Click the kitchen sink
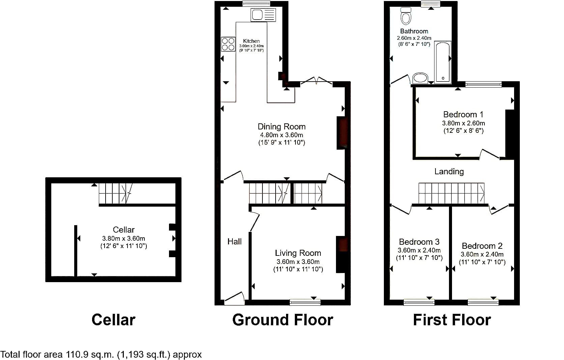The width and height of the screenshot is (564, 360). pos(263,15)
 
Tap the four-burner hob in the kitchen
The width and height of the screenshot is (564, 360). pos(228,44)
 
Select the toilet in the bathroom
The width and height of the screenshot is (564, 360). pos(405,16)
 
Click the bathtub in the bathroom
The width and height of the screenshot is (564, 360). pos(443,62)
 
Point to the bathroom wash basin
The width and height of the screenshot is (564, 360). pos(420,78)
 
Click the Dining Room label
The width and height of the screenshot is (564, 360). pos(282,126)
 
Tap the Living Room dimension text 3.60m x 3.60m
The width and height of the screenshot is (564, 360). pos(298,262)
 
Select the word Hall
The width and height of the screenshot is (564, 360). pos(234,241)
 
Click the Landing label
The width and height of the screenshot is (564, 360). pos(449,172)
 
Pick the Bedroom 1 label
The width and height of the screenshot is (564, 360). pos(463,115)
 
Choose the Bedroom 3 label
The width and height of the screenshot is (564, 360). pos(419,242)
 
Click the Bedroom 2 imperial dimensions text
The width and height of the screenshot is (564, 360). pos(482,262)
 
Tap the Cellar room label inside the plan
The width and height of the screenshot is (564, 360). pos(123,230)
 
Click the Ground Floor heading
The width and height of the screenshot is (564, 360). pos(282,320)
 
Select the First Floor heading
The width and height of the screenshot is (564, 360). pos(452,320)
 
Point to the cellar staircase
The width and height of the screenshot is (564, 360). pos(116,193)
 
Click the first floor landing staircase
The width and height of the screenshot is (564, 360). pos(451,193)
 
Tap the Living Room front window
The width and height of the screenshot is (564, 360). pos(305,302)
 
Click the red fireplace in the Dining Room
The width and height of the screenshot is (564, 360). pos(342,133)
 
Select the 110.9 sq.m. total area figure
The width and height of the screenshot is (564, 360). pos(90,355)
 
